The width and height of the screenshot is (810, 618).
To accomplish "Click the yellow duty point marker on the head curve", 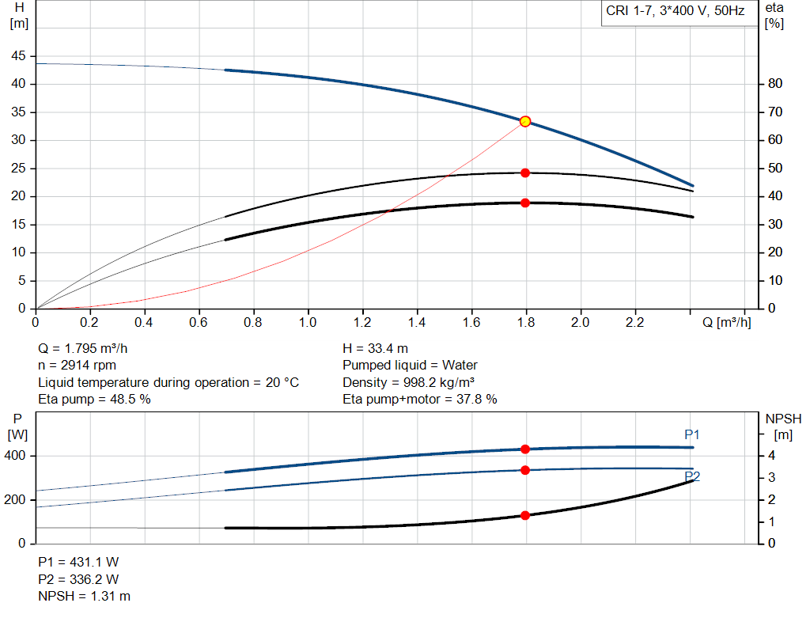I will [x=524, y=121].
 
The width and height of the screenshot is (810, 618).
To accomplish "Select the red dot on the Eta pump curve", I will [x=524, y=173].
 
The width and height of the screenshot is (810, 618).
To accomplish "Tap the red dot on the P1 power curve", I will [x=524, y=449].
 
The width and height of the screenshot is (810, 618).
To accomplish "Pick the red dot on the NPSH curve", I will [x=524, y=515].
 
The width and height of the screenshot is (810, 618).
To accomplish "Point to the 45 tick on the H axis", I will [x=18, y=56].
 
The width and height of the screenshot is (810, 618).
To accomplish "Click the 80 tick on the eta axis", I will [x=774, y=84].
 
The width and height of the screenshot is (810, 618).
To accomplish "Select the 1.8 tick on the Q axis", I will [x=525, y=323].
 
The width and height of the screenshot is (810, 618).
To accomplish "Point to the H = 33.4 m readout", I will [x=376, y=348].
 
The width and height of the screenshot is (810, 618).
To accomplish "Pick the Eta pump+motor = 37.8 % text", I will [x=420, y=400].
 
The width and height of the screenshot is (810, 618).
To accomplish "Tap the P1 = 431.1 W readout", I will [x=78, y=562].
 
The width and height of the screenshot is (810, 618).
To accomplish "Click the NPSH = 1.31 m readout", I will [x=85, y=596].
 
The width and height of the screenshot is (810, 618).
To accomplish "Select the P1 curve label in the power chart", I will [x=692, y=434].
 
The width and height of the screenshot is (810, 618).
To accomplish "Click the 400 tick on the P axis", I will [x=17, y=456].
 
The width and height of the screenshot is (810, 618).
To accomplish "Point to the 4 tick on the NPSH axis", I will [x=771, y=456].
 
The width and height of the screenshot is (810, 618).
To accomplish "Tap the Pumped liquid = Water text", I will [x=410, y=366].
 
